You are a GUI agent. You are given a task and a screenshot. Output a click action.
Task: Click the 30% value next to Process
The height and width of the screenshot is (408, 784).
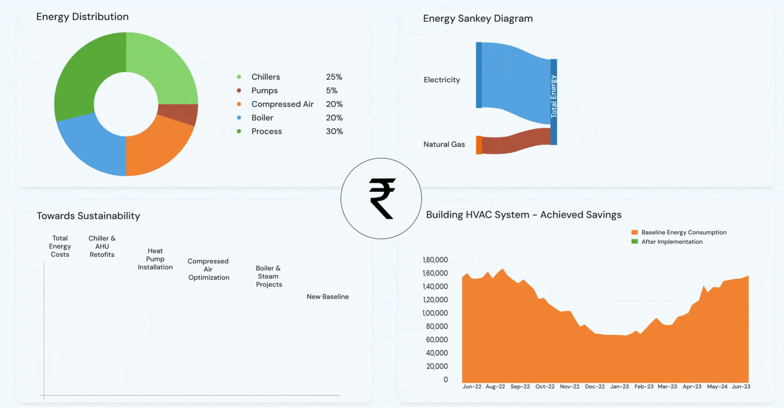pos(334,131)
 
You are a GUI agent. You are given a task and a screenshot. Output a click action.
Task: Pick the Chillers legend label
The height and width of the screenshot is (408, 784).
pos(265,77)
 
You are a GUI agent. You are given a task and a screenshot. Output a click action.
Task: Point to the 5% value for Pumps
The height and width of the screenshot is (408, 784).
pos(332,91)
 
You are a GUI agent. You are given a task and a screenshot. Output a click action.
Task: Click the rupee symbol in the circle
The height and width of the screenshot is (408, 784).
pos(382,198)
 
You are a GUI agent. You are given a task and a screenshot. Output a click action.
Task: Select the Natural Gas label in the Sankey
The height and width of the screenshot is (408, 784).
pos(444,144)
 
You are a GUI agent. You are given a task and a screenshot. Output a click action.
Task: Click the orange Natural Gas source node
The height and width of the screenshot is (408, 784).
pos(478,145)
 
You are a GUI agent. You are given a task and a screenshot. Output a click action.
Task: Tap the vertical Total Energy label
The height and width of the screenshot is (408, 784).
pos(554,96)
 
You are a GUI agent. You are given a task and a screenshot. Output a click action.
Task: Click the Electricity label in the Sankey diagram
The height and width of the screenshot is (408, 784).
pos(441,80)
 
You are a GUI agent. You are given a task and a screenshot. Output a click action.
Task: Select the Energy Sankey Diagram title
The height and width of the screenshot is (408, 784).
pos(477,19)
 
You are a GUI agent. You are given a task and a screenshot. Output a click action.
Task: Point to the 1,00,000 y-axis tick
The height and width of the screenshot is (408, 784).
pos(435,313)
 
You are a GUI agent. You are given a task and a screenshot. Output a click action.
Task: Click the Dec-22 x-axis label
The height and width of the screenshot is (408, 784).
pos(594,386)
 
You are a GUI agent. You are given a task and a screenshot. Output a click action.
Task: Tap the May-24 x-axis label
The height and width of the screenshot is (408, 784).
pos(717,386)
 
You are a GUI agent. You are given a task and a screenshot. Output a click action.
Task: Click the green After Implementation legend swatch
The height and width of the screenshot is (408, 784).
pos(634,241)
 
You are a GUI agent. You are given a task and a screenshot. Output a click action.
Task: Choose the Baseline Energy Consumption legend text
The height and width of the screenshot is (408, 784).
pos(684,232)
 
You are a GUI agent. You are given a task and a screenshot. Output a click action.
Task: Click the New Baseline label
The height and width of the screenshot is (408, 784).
pos(327,297)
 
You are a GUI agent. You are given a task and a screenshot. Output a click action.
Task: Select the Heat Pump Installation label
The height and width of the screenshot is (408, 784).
pos(155,259)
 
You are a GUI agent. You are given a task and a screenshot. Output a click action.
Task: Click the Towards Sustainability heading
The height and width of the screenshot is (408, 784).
pos(88,216)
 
